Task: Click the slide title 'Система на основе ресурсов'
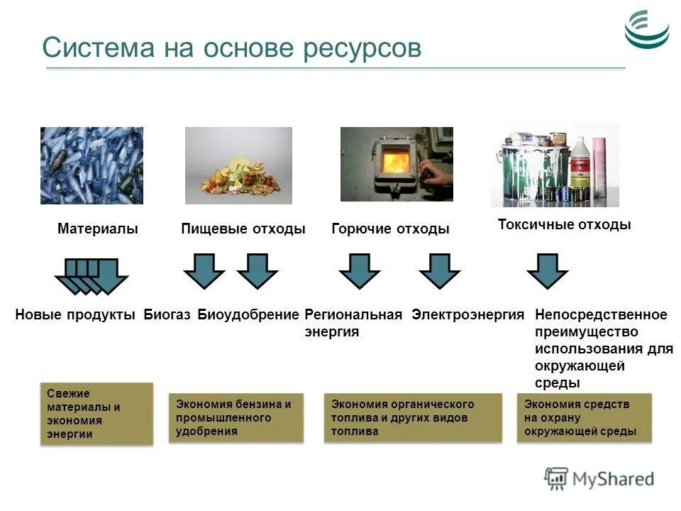click(231, 48)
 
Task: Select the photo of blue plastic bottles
click(92, 165)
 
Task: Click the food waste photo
click(238, 165)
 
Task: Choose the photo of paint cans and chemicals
click(555, 165)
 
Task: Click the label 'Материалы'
click(97, 229)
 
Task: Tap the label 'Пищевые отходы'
click(243, 229)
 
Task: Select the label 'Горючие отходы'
click(390, 229)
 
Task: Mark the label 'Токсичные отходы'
click(564, 225)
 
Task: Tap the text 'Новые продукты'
click(75, 315)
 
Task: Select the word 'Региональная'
click(353, 315)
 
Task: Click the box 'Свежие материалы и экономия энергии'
click(96, 414)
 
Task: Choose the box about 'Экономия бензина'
click(236, 417)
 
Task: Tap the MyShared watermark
click(600, 479)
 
